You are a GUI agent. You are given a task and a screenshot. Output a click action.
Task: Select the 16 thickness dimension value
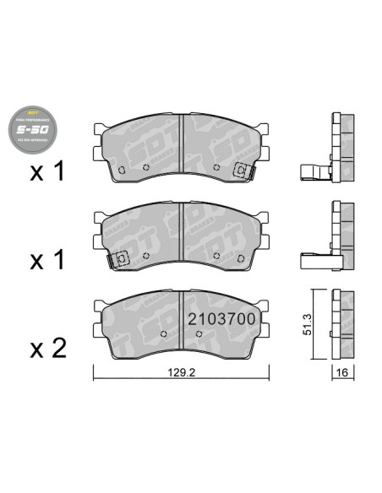click(x=343, y=371)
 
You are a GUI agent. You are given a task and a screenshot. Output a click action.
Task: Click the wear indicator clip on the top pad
click(x=242, y=171)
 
